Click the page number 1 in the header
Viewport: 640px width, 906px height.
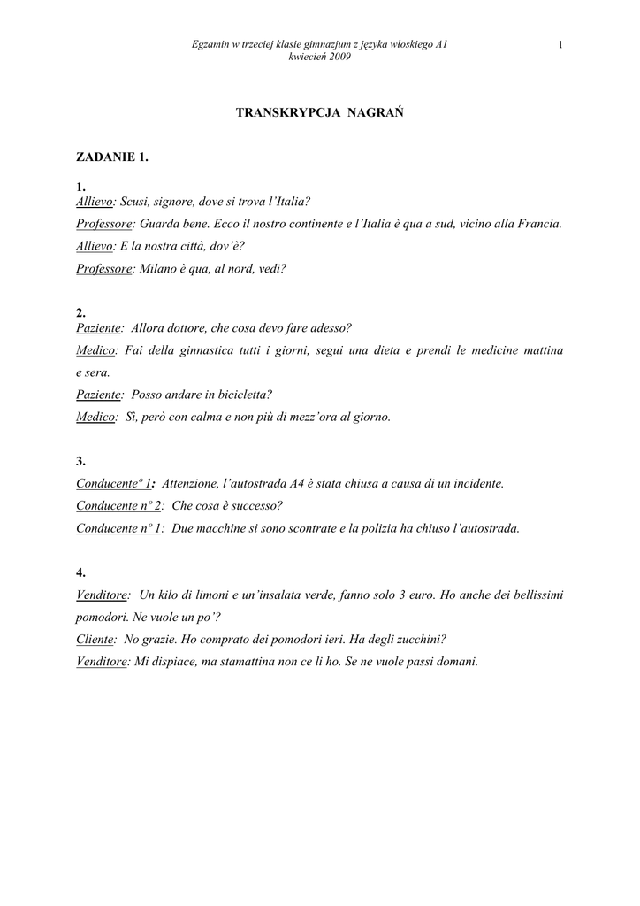pos(560,44)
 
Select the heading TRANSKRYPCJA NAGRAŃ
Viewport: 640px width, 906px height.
pos(319,113)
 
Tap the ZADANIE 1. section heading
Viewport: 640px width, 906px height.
pos(112,157)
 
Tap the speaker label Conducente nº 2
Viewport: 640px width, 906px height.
pos(119,506)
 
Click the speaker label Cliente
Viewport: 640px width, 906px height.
pos(95,639)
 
